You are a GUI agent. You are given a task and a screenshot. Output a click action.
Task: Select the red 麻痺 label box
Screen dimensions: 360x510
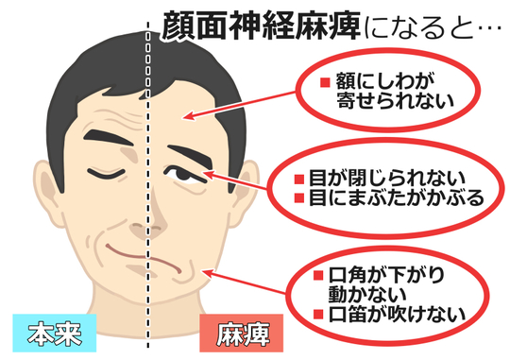[237, 332]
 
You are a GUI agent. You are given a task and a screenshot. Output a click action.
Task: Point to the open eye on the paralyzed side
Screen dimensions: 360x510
[184, 174]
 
